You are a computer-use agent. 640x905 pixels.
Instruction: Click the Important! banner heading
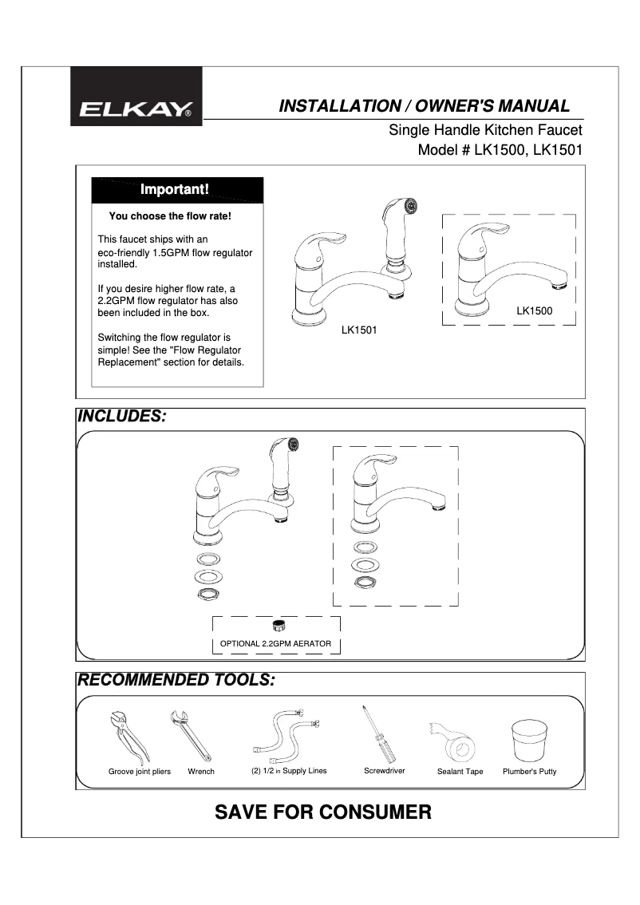pos(175,190)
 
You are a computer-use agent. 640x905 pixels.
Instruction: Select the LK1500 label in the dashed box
pos(534,310)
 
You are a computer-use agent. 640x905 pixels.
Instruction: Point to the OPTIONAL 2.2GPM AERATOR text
pos(275,643)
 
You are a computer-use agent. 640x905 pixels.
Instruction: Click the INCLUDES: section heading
pos(120,417)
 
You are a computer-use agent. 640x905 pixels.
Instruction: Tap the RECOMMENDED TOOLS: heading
pos(176,681)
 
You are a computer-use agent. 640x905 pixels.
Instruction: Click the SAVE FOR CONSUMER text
pos(323,812)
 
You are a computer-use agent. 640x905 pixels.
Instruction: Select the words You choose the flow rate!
pos(170,215)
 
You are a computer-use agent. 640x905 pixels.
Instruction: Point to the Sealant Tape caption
pos(460,772)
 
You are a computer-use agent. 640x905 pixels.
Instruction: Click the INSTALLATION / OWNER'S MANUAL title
pos(423,106)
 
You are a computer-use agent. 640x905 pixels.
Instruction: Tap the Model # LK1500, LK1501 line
pos(500,149)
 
